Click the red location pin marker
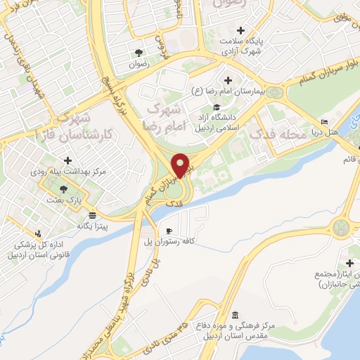coord(181,165)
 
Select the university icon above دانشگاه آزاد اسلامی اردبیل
coord(226,105)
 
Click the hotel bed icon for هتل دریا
coord(324,121)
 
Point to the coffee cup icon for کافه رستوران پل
coord(169,231)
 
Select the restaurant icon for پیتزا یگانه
coord(93,217)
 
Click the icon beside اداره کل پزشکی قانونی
coord(37,233)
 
